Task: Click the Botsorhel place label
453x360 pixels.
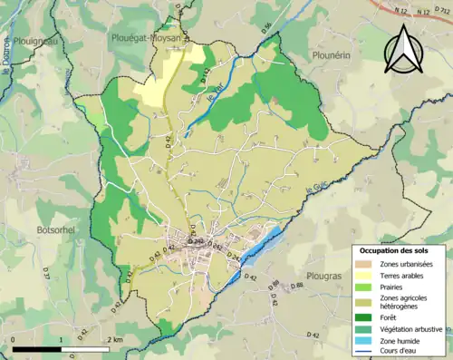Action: click(59, 206)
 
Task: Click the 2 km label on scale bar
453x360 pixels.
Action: click(115, 339)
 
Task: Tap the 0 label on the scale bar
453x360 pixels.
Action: click(14, 339)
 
